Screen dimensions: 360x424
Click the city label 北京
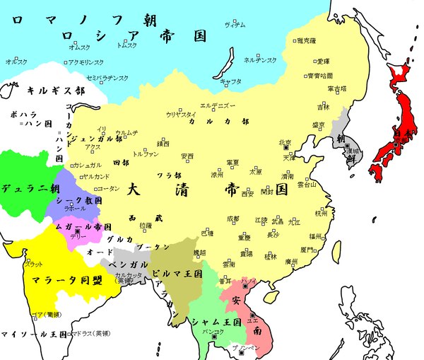[x=285, y=142]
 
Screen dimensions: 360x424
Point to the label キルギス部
[x=56, y=91]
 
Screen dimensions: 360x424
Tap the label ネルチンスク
[x=259, y=60]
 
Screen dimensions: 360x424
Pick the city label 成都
[x=232, y=219]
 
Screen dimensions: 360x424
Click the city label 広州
[x=290, y=261]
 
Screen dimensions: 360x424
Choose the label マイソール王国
[x=34, y=334]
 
